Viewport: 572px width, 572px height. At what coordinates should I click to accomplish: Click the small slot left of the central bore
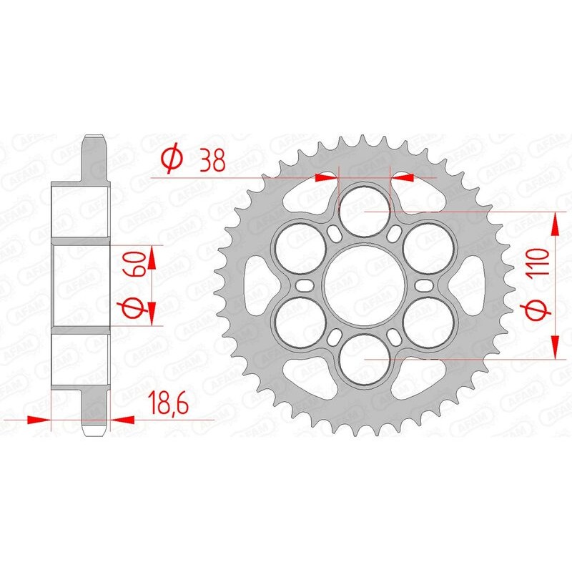coord(306,285)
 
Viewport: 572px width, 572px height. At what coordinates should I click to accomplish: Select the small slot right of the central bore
coord(425,285)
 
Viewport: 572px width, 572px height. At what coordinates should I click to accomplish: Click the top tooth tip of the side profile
coord(94,138)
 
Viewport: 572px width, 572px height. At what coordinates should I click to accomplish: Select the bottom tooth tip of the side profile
coord(94,433)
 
